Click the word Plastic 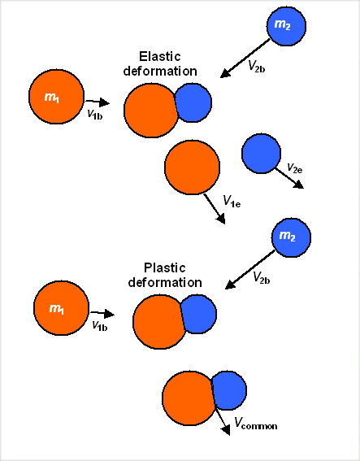pos(165,267)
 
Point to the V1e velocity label pos(233,200)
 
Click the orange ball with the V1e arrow pos(192,168)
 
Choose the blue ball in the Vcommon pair pos(229,392)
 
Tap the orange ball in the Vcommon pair pos(188,398)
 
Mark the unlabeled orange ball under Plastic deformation pos(158,323)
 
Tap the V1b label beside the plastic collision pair pos(99,325)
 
